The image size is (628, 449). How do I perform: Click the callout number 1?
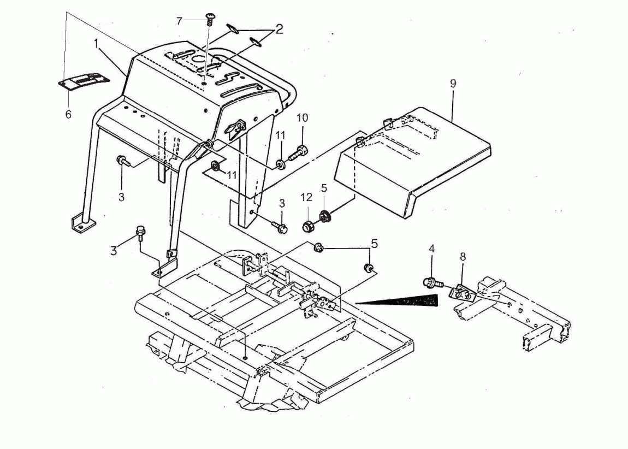coord(96,44)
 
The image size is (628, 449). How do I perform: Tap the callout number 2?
coord(279,29)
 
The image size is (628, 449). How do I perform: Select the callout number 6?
coord(68,114)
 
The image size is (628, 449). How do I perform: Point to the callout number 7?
coord(179,21)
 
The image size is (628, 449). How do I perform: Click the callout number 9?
coord(453,84)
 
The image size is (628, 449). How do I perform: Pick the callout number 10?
coord(303,118)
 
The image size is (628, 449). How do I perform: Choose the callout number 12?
coord(306,197)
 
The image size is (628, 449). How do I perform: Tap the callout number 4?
coord(431,249)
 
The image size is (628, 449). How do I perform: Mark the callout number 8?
coord(463,257)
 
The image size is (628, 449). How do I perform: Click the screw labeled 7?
coord(210,19)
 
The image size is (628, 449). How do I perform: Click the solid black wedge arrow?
coord(396,300)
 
